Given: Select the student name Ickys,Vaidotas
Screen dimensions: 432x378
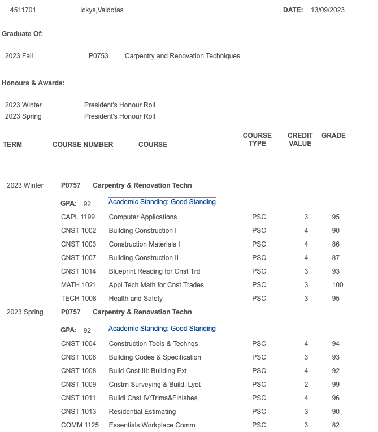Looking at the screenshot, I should click(102, 10).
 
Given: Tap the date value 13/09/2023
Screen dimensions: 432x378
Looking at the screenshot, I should click(327, 10).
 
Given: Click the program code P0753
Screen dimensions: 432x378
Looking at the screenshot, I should click(98, 56).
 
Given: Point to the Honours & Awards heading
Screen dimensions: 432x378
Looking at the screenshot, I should click(33, 83).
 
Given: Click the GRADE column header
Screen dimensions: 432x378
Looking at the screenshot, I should click(333, 136).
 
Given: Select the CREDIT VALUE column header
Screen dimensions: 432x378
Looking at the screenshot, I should click(300, 140).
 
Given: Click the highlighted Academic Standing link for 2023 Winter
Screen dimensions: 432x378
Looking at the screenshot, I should click(162, 202).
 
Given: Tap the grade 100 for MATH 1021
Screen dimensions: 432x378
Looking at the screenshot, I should click(337, 285).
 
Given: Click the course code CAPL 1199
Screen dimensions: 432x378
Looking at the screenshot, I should click(78, 217).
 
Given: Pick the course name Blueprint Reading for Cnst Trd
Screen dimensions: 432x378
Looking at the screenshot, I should click(154, 271).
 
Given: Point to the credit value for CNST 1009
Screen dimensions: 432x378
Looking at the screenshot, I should click(306, 385).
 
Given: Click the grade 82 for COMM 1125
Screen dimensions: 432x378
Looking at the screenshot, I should click(336, 425).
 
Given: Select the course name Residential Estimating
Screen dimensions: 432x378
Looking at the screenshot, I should click(142, 412).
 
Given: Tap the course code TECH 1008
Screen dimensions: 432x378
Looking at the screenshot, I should click(79, 299).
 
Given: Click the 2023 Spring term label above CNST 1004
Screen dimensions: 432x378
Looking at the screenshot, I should click(25, 312).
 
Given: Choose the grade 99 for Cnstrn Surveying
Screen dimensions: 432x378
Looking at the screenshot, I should click(336, 385).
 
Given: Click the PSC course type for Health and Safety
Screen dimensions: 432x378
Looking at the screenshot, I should click(259, 299).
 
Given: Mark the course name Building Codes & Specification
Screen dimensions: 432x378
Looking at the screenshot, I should click(155, 357).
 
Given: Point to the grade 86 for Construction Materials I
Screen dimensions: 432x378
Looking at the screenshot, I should click(336, 244).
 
